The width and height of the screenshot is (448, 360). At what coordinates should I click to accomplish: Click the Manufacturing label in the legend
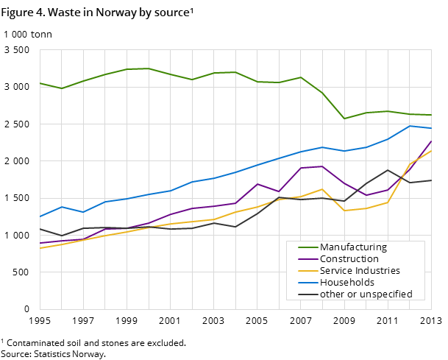pos(353,247)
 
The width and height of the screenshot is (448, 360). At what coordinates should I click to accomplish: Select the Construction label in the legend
pos(349,259)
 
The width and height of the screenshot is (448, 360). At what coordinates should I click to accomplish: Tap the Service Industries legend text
pos(360,271)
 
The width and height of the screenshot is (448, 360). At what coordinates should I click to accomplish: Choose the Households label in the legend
pos(347,283)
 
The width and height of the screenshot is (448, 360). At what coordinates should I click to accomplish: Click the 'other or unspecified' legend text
pos(366,294)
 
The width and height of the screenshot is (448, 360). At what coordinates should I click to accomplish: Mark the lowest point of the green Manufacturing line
pos(344,119)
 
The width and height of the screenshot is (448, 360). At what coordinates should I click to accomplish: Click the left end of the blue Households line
pos(40,216)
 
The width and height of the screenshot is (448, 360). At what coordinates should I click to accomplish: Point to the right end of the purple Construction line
pos(432,141)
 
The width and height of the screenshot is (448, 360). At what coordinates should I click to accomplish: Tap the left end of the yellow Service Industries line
pos(40,248)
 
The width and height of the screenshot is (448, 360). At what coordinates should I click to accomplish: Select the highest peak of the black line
pos(388,170)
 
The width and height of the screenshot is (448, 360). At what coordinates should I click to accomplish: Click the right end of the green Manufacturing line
pos(432,115)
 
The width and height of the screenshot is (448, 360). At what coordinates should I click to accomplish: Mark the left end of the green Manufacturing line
pos(40,83)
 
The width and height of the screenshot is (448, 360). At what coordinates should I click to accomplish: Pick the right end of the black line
pos(432,180)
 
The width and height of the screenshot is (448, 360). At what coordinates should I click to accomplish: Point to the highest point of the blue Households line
pos(410,126)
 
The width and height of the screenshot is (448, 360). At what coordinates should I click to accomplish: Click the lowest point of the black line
pos(62,236)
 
